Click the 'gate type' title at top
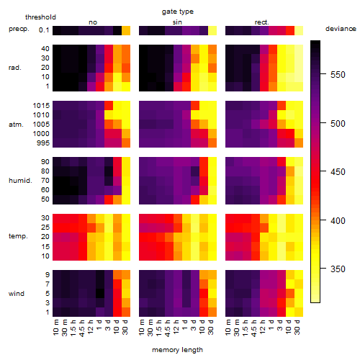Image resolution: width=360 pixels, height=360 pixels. pos(178,12)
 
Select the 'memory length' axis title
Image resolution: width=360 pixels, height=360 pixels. pos(177,350)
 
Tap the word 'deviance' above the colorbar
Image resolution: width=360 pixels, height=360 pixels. pos(341,29)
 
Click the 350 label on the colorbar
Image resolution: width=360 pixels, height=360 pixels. pos(338,269)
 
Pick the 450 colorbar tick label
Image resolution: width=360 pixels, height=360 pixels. pos(338,172)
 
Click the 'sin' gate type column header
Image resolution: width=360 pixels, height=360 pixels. pos(177,22)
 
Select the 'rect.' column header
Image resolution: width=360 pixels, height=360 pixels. pos(262,22)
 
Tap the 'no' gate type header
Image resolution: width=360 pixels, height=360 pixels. pos(93,22)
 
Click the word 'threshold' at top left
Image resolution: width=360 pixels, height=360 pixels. pos(40,17)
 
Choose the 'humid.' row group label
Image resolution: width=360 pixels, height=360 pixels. pos(20,181)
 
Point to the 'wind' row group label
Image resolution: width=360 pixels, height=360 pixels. pos(17,294)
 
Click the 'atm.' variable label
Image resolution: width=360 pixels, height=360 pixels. pos(16,125)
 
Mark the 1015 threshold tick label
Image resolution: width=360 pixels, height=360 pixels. pos(41,106)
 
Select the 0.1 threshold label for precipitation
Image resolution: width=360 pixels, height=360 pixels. pos(44,30)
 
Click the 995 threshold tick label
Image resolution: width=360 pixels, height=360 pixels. pos(43,143)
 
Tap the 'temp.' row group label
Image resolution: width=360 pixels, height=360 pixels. pos(18,236)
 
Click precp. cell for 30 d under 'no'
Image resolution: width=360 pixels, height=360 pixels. pos(126,31)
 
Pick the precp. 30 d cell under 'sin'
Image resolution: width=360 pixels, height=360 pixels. pos(212,31)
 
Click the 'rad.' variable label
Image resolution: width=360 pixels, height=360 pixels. pos(15,68)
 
